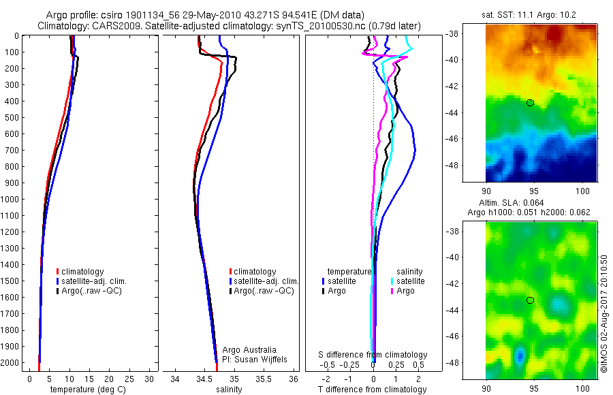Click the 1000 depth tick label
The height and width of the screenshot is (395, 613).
[10, 200]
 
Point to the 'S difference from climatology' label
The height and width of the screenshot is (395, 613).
[373, 355]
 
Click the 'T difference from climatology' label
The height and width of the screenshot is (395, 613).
[373, 390]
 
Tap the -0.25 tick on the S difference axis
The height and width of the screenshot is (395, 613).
[350, 365]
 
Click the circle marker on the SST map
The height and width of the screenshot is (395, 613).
[530, 103]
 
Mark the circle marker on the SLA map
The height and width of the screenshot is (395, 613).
[530, 300]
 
